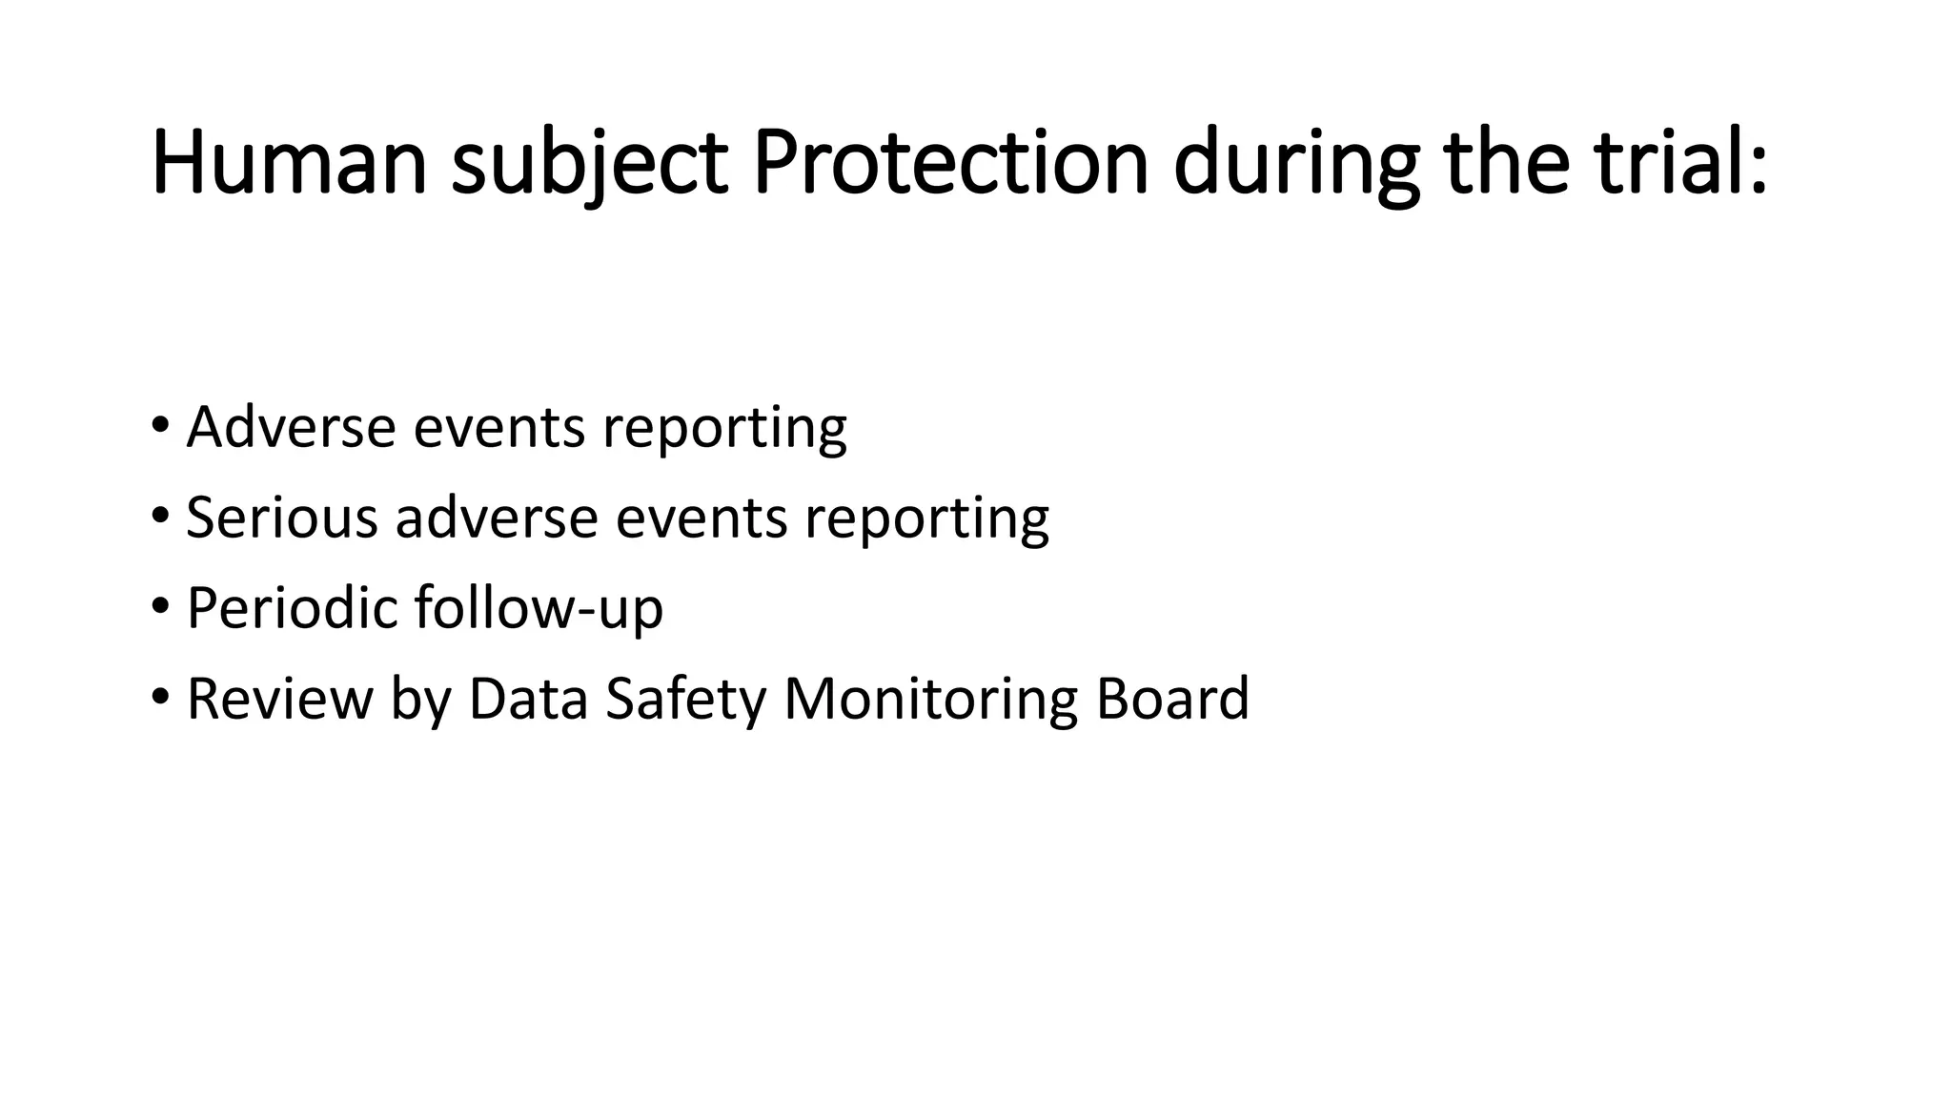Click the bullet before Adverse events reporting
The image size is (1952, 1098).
[159, 425]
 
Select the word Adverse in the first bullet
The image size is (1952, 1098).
[291, 427]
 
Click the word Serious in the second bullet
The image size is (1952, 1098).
[281, 518]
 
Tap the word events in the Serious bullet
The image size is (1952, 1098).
[701, 518]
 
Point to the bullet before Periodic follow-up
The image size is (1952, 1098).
[159, 606]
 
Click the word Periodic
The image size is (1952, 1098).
[292, 608]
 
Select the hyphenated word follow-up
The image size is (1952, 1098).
[539, 608]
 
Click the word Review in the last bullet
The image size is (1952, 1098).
[279, 699]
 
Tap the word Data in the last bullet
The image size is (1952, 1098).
[528, 699]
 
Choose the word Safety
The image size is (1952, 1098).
[685, 699]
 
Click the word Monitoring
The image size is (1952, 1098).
[930, 699]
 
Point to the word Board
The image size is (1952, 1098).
[1172, 699]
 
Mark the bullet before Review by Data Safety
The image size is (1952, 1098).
[159, 697]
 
